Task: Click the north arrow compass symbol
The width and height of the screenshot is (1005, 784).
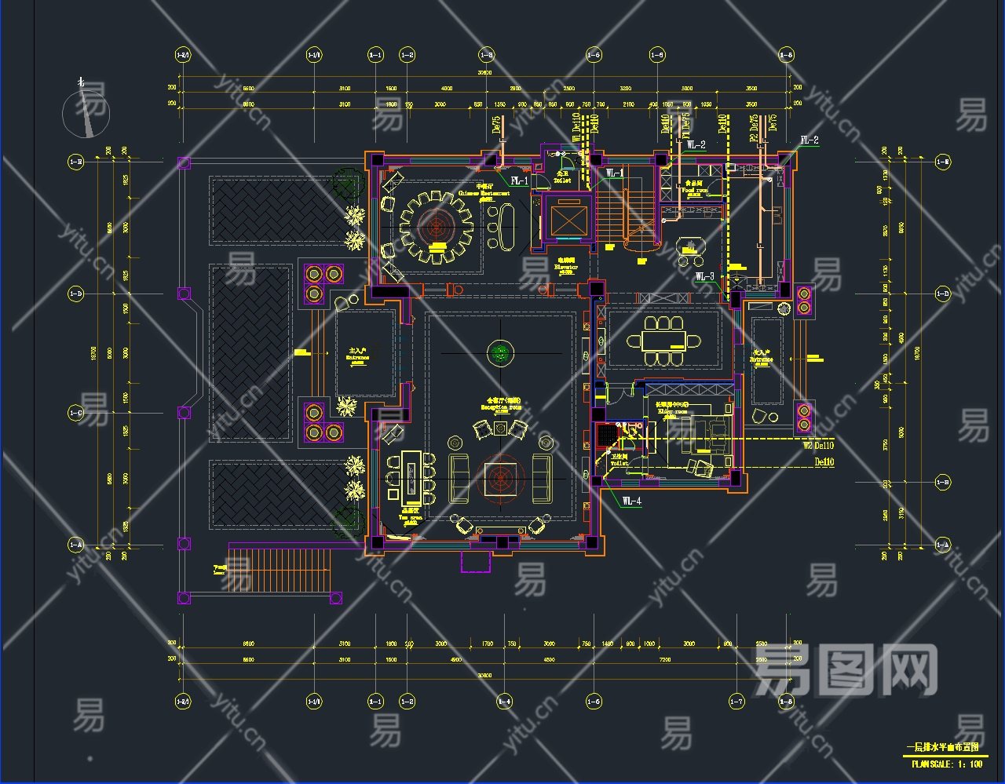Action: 86,112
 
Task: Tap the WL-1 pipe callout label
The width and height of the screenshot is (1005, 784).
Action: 614,173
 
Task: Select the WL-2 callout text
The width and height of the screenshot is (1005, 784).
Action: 696,145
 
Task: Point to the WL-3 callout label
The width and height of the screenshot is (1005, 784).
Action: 704,276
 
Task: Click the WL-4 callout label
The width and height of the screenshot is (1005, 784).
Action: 631,501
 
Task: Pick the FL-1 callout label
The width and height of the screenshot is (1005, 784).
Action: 519,181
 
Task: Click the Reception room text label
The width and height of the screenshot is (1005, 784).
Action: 502,407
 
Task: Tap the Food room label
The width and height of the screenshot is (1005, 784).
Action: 694,189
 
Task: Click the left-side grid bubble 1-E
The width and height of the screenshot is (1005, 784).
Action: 76,162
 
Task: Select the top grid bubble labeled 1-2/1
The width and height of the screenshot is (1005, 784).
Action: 182,55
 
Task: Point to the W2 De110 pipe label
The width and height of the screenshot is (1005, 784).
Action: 817,445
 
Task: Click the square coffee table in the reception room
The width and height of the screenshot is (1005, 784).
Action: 499,477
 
